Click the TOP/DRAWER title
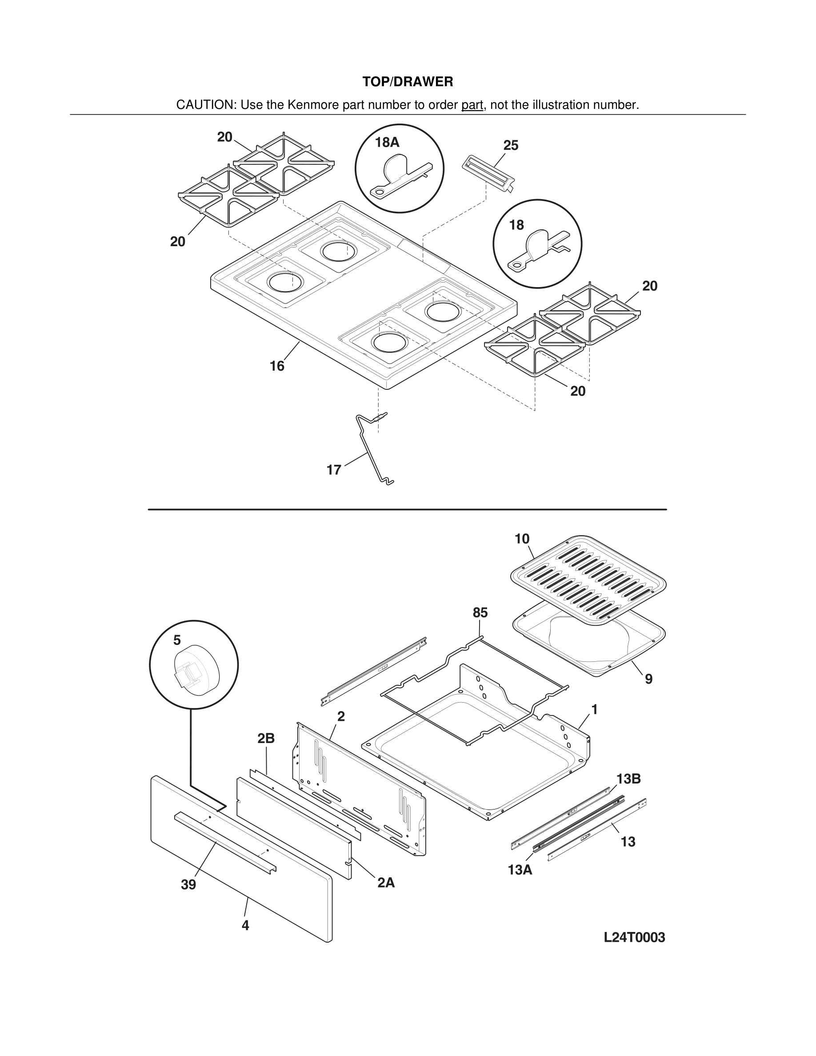408,82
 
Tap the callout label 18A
387,142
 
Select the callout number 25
511,145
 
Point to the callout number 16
276,366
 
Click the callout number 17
333,469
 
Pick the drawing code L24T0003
634,937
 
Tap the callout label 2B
266,738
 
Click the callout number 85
480,612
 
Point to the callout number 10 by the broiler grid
522,539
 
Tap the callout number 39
188,884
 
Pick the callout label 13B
628,779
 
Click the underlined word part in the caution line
472,105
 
